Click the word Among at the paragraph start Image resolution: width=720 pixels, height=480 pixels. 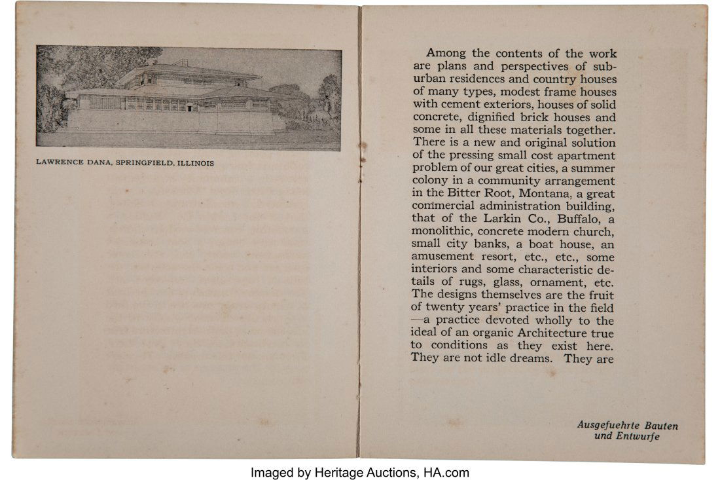444,54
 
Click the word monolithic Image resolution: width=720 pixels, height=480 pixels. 441,232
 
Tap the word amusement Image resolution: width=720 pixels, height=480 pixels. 444,257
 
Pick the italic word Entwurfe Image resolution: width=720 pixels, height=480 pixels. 638,436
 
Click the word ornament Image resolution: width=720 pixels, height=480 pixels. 564,282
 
